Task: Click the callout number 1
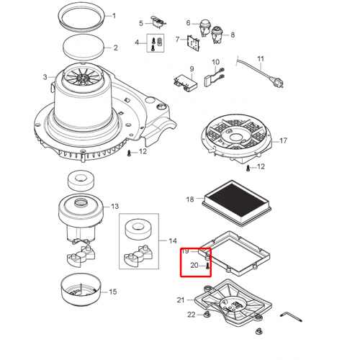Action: point(114,16)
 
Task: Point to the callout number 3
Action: point(45,77)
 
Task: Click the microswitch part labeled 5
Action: point(158,22)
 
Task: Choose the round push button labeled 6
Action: point(204,27)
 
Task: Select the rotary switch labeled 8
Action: point(217,35)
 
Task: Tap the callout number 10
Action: point(215,62)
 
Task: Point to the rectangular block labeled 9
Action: point(185,82)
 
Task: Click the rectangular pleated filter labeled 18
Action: point(237,204)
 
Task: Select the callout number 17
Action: point(283,140)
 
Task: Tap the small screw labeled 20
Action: point(207,266)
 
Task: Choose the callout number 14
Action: point(173,241)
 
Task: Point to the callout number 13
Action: point(114,207)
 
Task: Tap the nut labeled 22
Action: point(206,314)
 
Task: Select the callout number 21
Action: point(181,300)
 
